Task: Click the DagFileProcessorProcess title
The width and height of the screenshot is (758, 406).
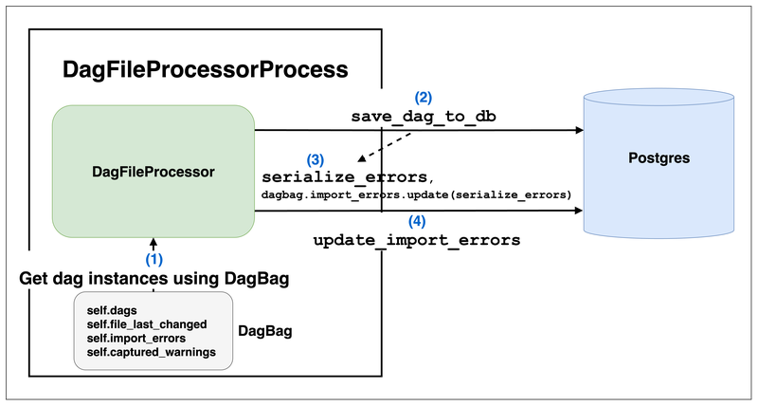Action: point(205,69)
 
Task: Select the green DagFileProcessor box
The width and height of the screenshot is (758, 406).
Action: point(153,172)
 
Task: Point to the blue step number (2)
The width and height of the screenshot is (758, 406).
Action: point(423,97)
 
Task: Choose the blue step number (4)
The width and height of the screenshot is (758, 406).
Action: point(417,222)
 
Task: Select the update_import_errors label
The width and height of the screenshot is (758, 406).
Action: point(417,241)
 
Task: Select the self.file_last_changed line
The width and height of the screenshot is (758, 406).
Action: point(148,323)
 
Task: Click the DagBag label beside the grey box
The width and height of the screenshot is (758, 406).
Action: point(264,331)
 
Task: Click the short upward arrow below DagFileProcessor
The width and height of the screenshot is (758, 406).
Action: point(153,244)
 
